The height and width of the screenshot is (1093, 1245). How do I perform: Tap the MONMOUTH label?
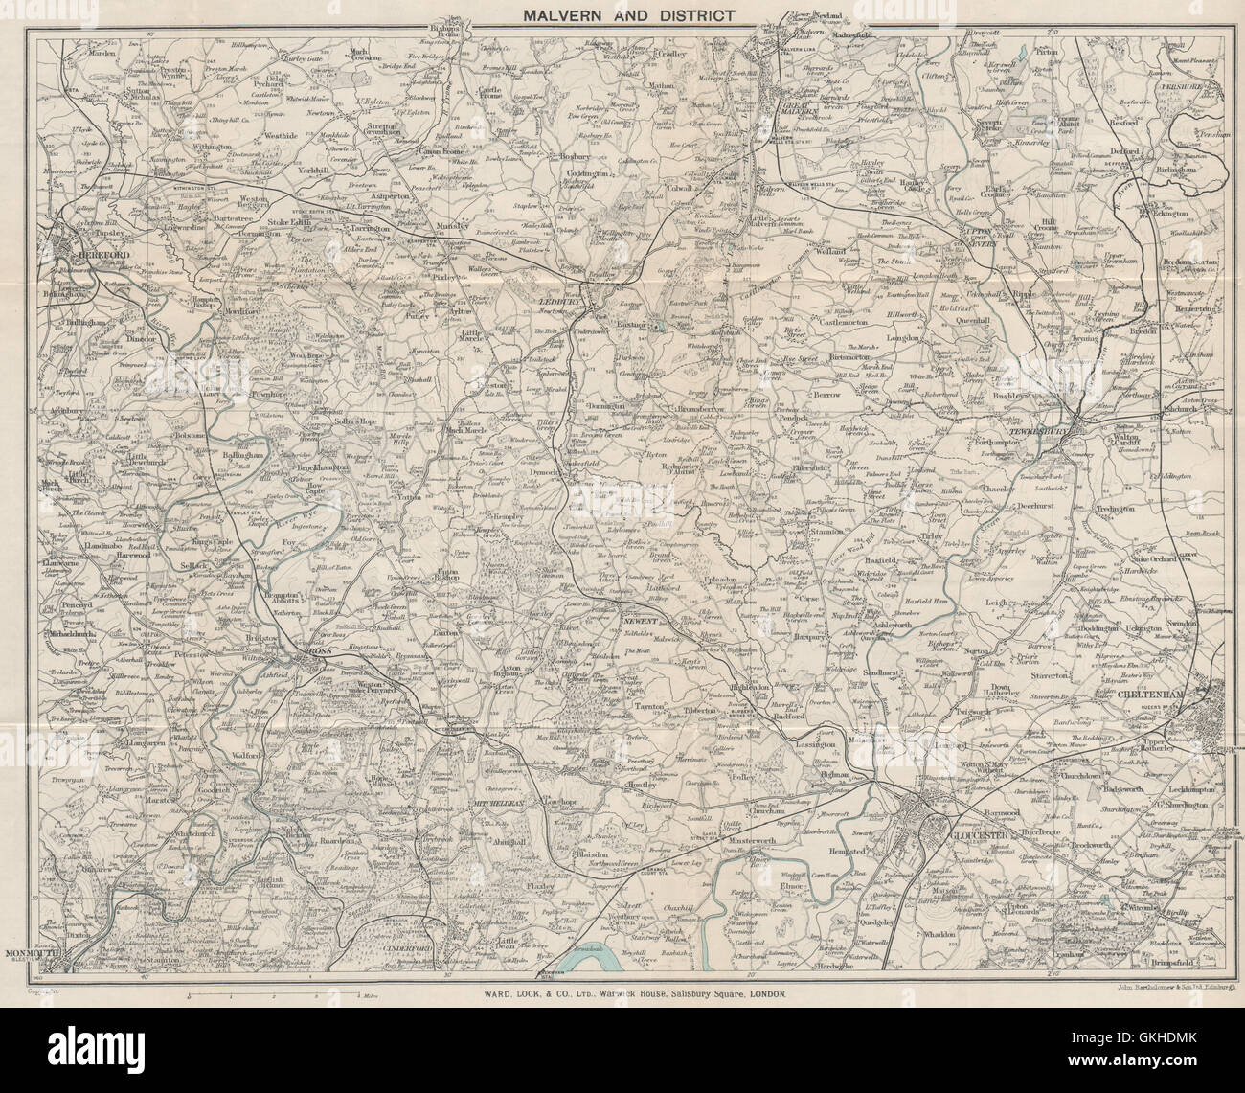34,955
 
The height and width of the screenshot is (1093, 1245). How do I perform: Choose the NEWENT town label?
641,621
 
